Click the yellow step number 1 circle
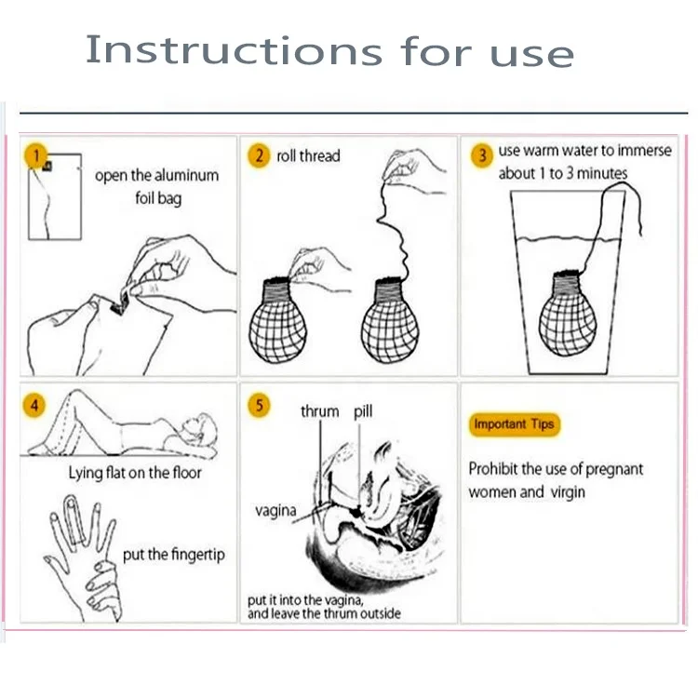click(x=36, y=155)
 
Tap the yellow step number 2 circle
click(x=259, y=155)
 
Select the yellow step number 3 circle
click(x=482, y=155)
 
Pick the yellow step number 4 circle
click(x=34, y=406)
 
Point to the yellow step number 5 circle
click(x=259, y=406)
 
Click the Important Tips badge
click(x=514, y=424)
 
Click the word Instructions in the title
click(x=234, y=50)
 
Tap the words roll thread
click(x=308, y=155)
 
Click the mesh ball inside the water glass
click(x=568, y=314)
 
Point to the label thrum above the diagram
click(x=319, y=411)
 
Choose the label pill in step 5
click(x=363, y=411)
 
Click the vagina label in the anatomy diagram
click(x=275, y=511)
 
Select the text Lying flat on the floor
click(x=135, y=473)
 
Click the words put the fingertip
click(x=174, y=555)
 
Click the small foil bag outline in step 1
click(x=55, y=196)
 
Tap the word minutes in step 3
click(x=602, y=173)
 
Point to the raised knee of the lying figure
click(x=76, y=395)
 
